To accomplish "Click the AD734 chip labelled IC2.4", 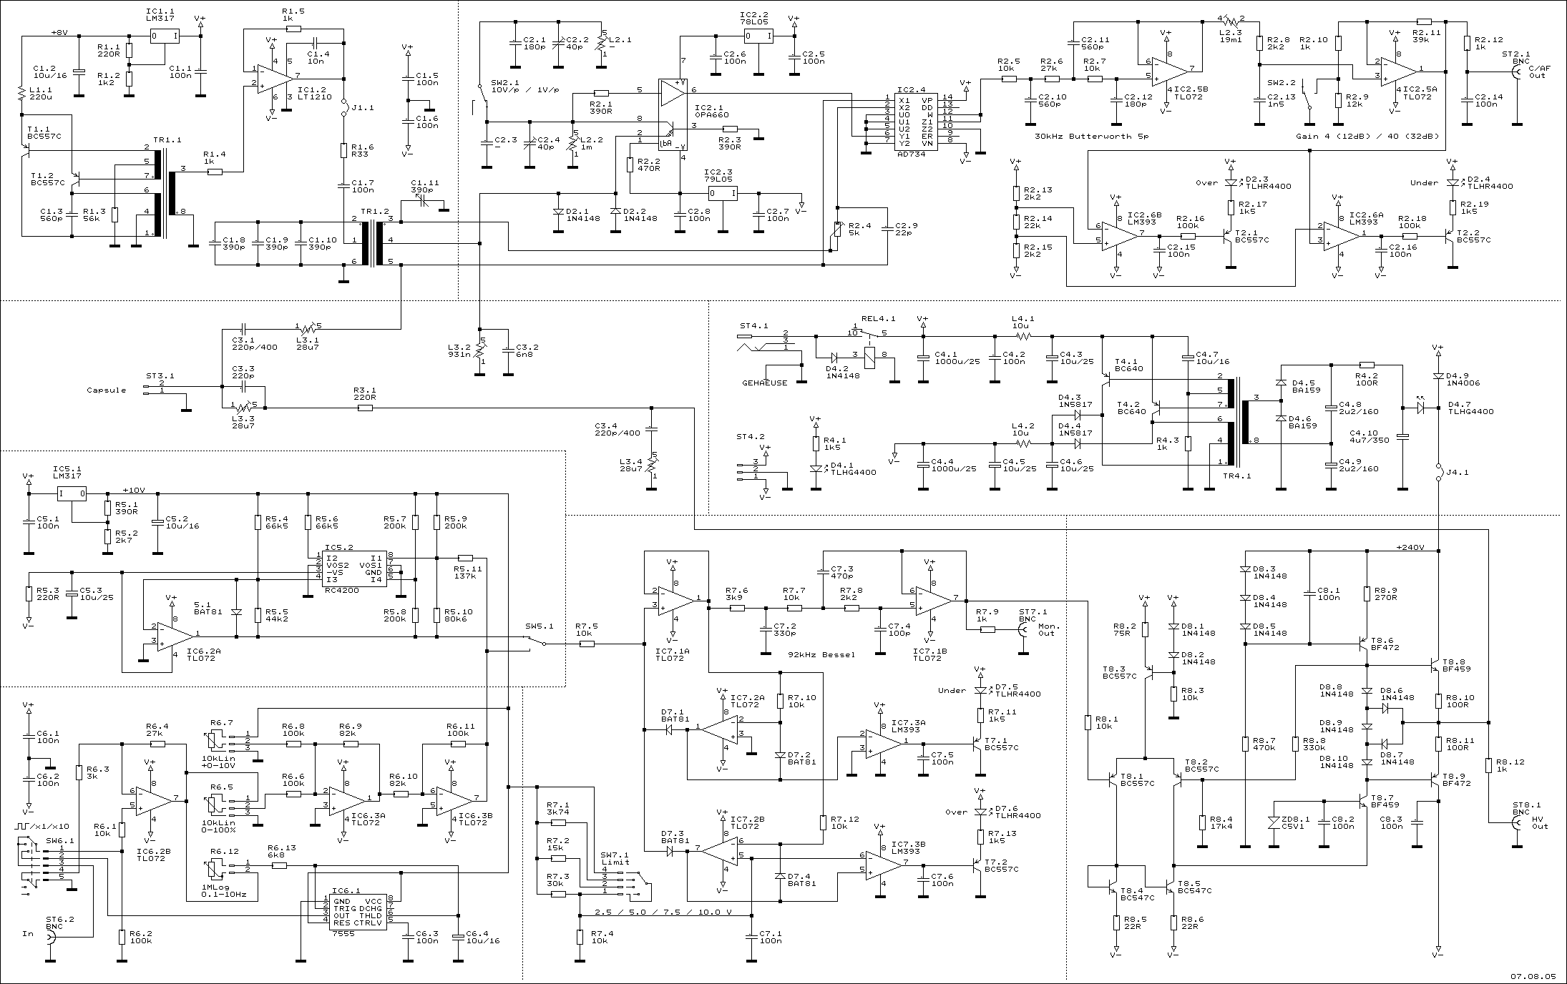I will point(918,122).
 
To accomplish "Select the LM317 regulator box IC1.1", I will point(164,36).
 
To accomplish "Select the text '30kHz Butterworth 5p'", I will point(1092,136).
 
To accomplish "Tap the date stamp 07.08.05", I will point(1537,975).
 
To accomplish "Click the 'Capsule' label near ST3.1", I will point(106,390).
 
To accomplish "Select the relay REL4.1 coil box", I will point(869,355).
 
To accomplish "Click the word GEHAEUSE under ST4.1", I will point(764,383).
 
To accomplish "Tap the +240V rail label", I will point(1410,548).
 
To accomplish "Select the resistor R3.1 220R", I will point(365,408).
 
